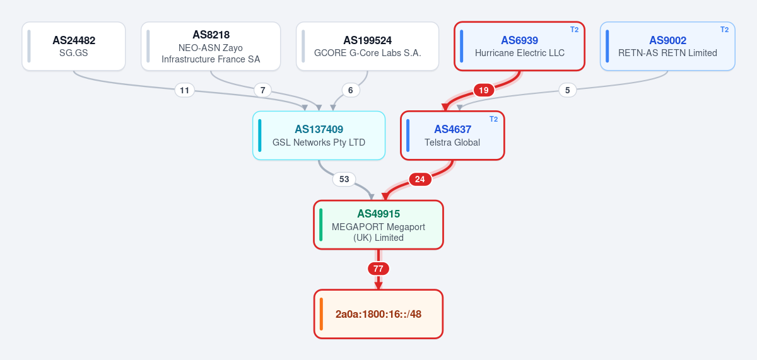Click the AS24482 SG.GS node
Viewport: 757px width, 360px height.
[74, 46]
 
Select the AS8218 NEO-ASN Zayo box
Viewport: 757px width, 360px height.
[211, 46]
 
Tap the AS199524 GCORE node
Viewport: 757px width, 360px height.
[367, 46]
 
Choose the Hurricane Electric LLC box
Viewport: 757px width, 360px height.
[519, 46]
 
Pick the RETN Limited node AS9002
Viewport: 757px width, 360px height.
[667, 46]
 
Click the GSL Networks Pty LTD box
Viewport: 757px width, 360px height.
[319, 136]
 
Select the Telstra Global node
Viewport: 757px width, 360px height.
[452, 136]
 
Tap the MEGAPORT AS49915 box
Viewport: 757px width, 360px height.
[378, 225]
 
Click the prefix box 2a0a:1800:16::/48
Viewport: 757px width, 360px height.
[378, 314]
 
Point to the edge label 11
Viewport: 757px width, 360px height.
[184, 90]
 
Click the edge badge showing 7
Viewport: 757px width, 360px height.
[262, 90]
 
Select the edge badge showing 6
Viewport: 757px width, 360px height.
[351, 90]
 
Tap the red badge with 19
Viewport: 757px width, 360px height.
[484, 90]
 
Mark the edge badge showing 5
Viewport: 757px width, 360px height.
[567, 90]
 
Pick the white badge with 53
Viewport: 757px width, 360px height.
[344, 179]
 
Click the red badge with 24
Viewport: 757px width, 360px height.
[420, 179]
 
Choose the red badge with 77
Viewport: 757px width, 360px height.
[378, 269]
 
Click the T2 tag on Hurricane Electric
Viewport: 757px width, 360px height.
[574, 30]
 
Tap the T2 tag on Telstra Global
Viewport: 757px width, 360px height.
[493, 119]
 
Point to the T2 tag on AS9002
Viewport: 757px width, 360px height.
[724, 30]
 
